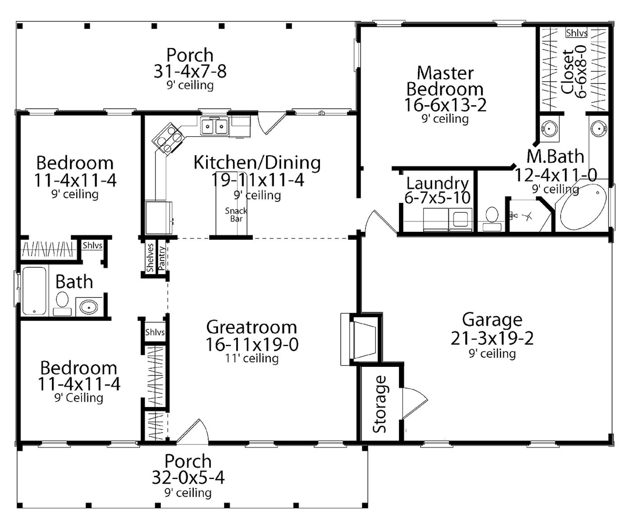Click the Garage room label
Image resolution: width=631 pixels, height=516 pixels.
[x=492, y=320]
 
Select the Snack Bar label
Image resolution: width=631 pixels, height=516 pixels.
[x=236, y=215]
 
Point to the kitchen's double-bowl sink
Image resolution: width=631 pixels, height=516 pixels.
[x=214, y=126]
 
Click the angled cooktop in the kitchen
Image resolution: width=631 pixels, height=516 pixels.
[x=167, y=139]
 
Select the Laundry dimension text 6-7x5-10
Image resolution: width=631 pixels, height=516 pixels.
[x=437, y=198]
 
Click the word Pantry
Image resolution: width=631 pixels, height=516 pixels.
[x=162, y=258]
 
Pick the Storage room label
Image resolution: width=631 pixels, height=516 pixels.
[x=380, y=404]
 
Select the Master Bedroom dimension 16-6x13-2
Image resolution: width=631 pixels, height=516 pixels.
[x=445, y=105]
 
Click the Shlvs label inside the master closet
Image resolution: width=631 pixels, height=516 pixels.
[x=576, y=33]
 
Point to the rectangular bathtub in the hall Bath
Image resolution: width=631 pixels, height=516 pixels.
[x=34, y=291]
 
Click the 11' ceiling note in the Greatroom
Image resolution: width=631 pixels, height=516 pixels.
[x=252, y=359]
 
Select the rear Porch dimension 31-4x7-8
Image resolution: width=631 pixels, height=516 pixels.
[x=190, y=72]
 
